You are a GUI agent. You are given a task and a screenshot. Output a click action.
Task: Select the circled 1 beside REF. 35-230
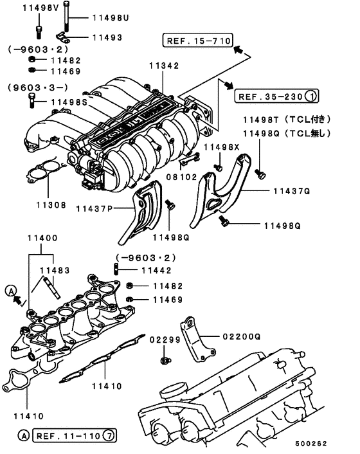[310, 96]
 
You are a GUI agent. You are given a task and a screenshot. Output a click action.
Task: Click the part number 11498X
[221, 148]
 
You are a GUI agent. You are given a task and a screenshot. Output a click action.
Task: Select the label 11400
[42, 238]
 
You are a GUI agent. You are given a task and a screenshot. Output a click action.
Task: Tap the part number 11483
[55, 271]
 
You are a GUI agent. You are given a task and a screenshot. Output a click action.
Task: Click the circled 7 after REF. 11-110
[110, 436]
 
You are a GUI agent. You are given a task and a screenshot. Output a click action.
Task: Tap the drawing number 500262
[329, 442]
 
